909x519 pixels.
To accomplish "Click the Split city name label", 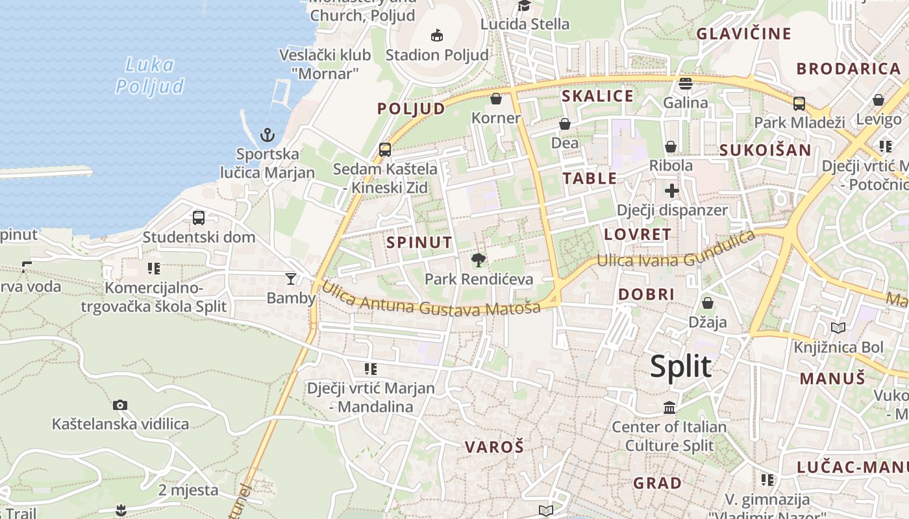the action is point(680,367).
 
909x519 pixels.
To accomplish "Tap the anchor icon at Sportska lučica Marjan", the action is point(267,135).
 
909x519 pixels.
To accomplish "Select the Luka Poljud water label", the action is point(149,75).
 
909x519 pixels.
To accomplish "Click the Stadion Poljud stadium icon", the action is point(437,34).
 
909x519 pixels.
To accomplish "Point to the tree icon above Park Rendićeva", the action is point(479,261).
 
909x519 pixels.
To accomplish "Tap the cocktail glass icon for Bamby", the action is point(290,279).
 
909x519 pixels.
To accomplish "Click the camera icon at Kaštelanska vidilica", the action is point(120,405).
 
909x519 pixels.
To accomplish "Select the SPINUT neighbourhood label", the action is point(419,243).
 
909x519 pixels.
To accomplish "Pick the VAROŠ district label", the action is point(494,446).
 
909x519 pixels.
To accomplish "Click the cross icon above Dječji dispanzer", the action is point(672,191).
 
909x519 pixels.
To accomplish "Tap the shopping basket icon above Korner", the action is point(496,99).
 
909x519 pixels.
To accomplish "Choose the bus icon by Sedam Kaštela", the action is point(385,150).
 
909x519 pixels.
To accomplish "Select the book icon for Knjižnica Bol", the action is point(838,328).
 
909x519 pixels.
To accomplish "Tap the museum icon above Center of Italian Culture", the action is point(669,407).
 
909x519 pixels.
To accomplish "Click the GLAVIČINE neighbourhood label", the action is point(743,34).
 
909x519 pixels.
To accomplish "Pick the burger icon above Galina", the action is point(686,83).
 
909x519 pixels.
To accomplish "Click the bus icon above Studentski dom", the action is point(199,218).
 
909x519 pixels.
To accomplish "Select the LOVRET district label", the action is point(638,234).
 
